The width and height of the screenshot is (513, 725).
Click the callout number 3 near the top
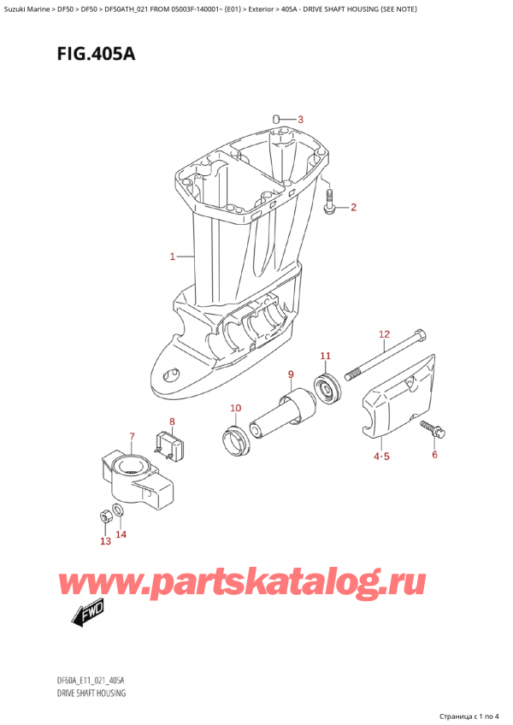(x=300, y=119)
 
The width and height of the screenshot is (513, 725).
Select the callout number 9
(x=291, y=374)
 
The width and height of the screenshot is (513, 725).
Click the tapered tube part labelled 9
(x=281, y=411)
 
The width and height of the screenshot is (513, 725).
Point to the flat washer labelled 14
(x=119, y=512)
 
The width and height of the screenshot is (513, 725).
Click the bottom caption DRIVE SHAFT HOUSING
(x=88, y=693)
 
